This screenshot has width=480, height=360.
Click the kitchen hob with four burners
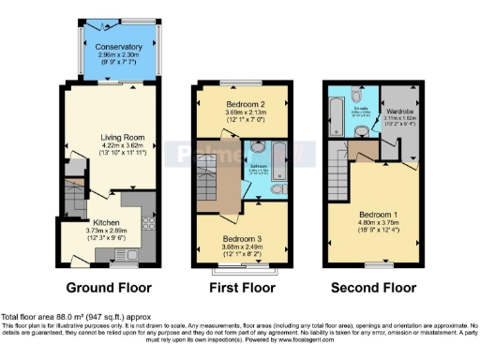coord(147,224)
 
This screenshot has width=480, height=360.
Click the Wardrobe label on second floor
coord(400,112)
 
